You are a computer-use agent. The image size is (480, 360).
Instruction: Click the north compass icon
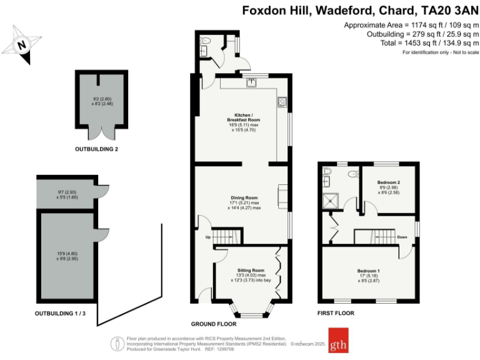point(22,44)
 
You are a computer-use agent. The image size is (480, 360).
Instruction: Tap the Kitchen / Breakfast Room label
point(242,119)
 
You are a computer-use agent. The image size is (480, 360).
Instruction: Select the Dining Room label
point(242,197)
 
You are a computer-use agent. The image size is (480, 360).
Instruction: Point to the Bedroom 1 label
point(369,271)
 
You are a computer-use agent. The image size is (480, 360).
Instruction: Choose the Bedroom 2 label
point(388,182)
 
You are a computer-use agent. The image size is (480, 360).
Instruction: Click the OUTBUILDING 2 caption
point(96,149)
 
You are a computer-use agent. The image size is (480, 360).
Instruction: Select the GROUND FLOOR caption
point(213,324)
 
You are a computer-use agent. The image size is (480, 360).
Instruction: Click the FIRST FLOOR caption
point(335,313)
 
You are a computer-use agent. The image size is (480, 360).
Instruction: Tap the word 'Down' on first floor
point(403,237)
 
